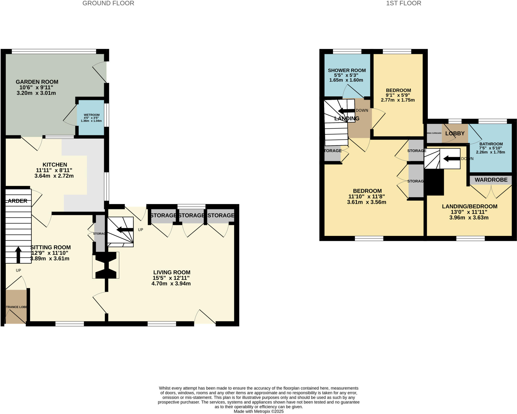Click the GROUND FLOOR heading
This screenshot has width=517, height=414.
108,3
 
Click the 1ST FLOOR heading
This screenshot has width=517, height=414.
403,3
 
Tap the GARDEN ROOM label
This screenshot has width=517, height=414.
37,82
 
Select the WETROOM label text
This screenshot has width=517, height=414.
91,115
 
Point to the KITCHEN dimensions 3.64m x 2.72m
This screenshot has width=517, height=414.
54,176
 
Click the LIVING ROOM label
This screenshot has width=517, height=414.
172,272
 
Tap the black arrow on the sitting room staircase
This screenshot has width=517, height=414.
18,255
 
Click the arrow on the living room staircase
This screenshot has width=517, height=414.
125,230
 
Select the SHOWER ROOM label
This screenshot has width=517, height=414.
347,70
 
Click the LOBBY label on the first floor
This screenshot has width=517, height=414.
455,133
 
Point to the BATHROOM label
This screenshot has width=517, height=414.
491,144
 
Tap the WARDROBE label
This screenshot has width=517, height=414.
491,180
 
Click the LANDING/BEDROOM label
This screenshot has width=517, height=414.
470,206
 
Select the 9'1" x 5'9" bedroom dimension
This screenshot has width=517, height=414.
398,95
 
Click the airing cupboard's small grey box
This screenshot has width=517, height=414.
434,133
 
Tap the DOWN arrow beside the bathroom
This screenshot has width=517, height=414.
452,159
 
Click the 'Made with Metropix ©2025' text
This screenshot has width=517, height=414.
258,411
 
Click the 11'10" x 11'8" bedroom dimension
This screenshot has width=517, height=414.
367,197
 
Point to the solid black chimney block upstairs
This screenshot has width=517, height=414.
435,182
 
